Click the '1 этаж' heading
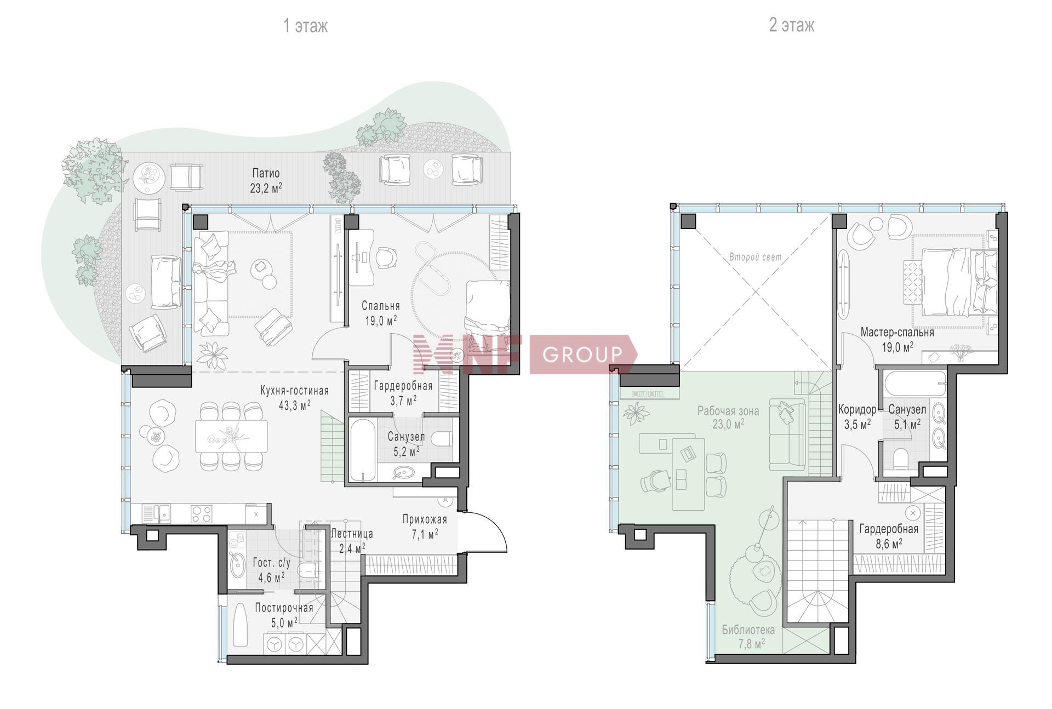pos(305,26)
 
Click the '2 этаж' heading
pos(791,25)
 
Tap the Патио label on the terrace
pos(266,174)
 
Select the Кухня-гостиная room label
pos(295,391)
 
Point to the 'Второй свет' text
pos(755,257)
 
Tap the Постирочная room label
pos(284,608)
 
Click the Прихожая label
pos(425,519)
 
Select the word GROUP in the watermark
pos(582,354)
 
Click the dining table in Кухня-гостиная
pos(232,436)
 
